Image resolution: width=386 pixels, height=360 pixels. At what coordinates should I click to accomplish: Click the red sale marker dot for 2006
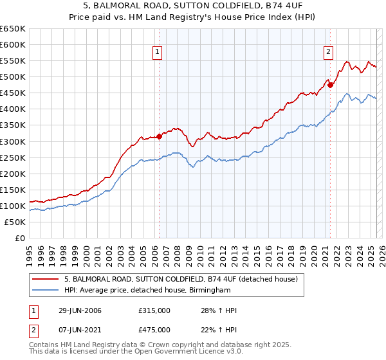pos(159,136)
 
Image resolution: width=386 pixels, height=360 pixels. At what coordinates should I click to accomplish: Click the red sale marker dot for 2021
pos(330,84)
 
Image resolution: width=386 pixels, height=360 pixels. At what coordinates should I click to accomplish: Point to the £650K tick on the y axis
pos(13,29)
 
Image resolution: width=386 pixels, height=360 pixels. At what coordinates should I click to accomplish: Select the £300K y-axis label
pos(13,141)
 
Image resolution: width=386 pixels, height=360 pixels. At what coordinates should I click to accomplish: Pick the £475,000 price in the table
pos(154,329)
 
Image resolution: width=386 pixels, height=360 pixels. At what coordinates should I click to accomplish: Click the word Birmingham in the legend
pos(208,291)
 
